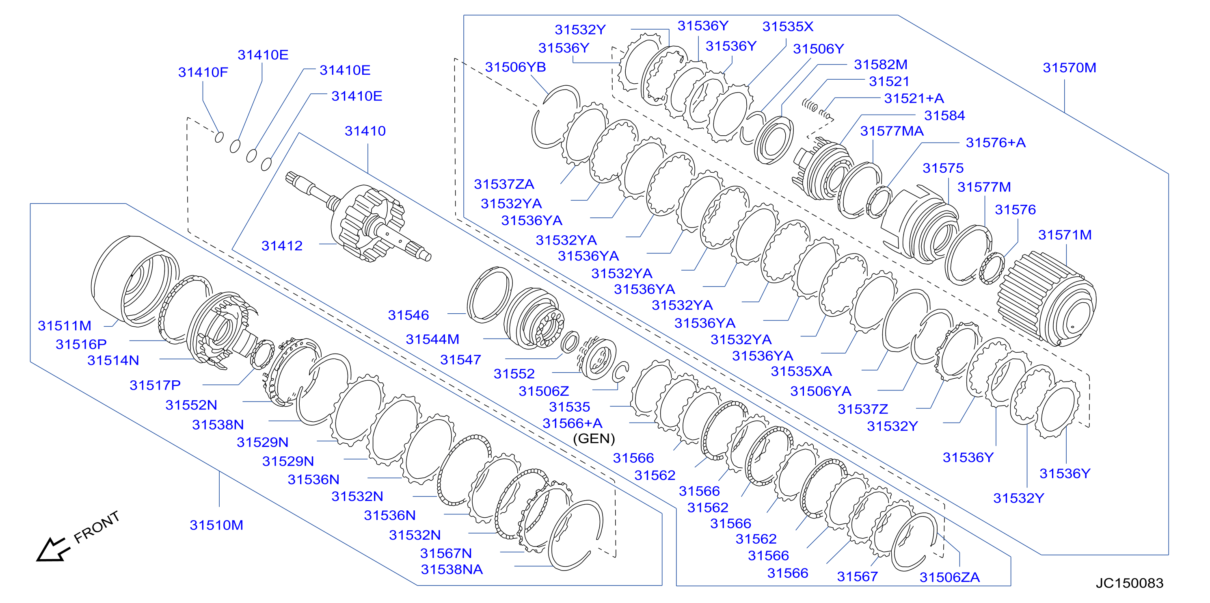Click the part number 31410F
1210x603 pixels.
203,72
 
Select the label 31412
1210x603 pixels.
282,245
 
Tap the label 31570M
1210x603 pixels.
1070,68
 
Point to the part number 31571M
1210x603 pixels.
1065,234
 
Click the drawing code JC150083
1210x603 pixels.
1129,583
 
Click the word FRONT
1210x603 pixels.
97,527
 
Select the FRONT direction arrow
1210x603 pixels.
53,549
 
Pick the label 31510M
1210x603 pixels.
216,525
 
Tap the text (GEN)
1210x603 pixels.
594,438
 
